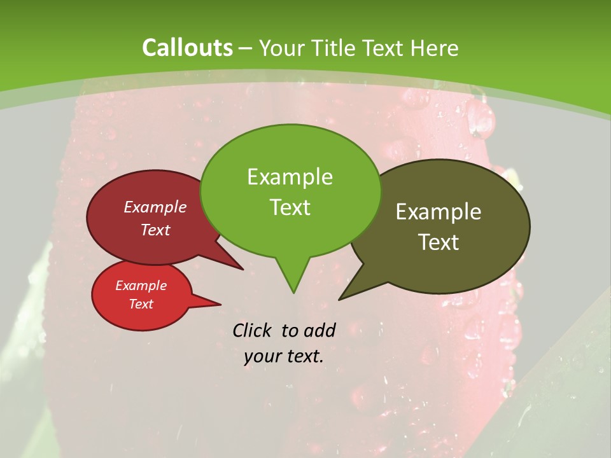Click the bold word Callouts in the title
(x=187, y=48)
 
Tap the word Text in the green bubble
(x=290, y=207)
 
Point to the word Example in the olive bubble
(x=439, y=211)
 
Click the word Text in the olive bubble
(x=439, y=242)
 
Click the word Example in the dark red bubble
(x=155, y=207)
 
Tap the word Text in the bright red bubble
(x=141, y=304)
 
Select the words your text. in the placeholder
(x=284, y=356)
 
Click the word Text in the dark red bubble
(x=155, y=230)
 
